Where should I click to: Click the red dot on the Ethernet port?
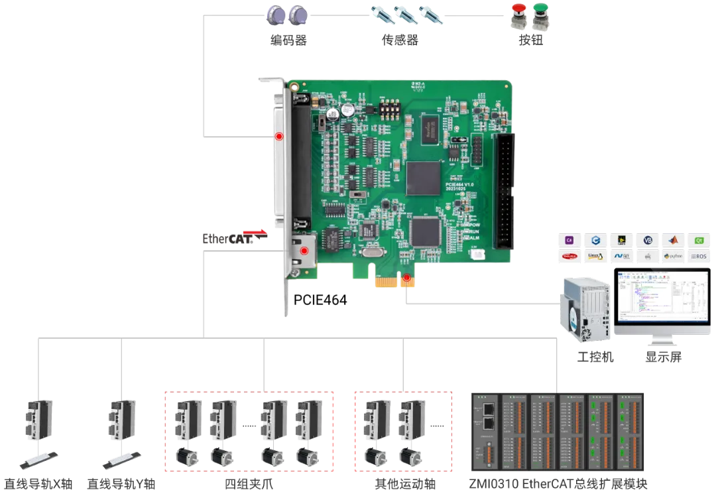click(x=304, y=251)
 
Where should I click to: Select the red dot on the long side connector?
click(x=279, y=137)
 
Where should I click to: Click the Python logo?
click(x=673, y=255)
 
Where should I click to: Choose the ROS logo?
click(x=698, y=255)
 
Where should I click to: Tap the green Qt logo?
click(x=698, y=239)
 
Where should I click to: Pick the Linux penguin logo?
click(x=595, y=255)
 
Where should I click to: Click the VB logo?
click(x=647, y=239)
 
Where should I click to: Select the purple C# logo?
click(x=569, y=239)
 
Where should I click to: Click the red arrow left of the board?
click(x=255, y=232)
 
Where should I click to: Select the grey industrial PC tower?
click(x=586, y=309)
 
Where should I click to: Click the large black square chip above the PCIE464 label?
click(x=424, y=178)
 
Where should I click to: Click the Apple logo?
click(x=647, y=255)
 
